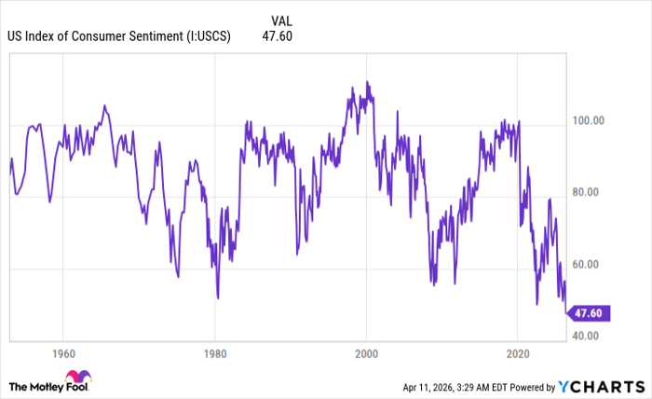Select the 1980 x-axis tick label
[215, 354]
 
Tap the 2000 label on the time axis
[367, 354]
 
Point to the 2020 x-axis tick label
[519, 354]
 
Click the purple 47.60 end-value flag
[588, 313]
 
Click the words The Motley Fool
[48, 386]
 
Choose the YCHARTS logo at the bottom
[600, 386]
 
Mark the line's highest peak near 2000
[367, 82]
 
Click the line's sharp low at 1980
[217, 298]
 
